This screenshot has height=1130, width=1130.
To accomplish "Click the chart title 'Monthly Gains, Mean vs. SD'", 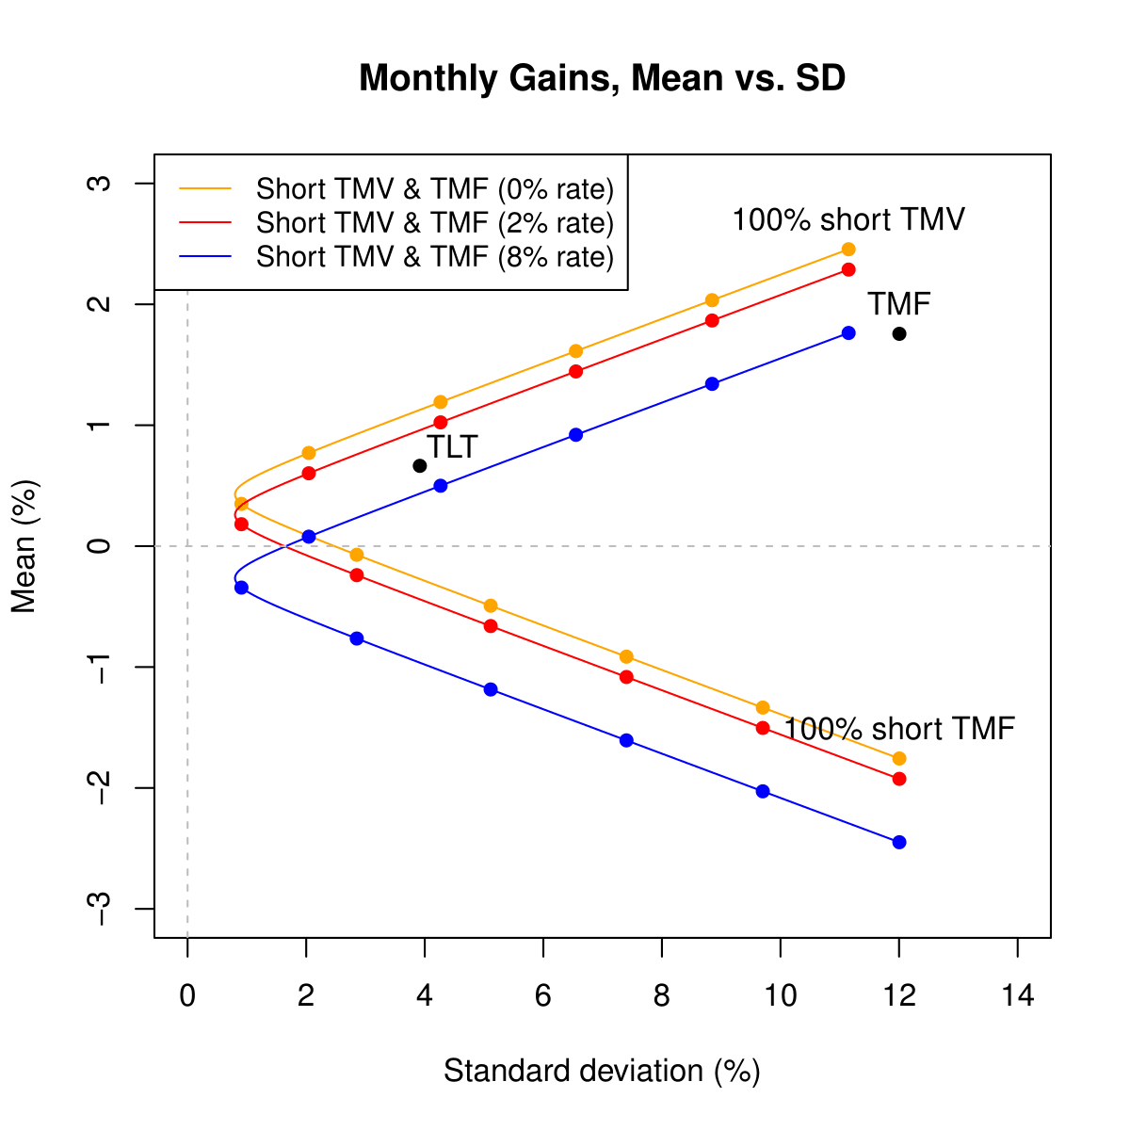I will [x=602, y=79].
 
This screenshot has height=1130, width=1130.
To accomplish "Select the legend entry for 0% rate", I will [x=434, y=189].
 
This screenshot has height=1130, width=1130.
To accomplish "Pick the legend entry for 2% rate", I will [x=434, y=223].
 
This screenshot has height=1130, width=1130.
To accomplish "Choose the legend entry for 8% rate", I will [x=434, y=257].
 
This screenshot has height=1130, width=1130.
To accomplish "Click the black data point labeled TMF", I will [x=899, y=333].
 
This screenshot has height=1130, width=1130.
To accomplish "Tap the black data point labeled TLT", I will [x=420, y=466].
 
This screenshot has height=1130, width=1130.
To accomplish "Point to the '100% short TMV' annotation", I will [x=848, y=220].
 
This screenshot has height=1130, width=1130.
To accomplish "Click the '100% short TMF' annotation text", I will [x=899, y=729].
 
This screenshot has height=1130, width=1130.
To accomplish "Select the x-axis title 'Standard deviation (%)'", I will [x=602, y=1072].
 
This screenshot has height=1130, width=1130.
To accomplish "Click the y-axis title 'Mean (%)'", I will [x=25, y=546].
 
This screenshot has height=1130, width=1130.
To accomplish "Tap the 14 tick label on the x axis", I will [x=1018, y=996].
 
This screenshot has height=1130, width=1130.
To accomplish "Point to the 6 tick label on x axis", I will [x=543, y=996].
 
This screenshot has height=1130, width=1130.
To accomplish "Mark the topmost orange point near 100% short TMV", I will [x=848, y=250].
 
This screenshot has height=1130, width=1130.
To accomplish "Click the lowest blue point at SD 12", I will [x=899, y=842].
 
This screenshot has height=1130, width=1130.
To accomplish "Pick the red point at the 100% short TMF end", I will [x=899, y=779].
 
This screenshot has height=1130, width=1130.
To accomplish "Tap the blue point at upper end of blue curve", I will [x=848, y=333].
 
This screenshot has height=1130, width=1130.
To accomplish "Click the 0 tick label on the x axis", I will [x=187, y=996].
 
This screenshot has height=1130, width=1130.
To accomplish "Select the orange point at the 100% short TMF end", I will [x=899, y=758].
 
